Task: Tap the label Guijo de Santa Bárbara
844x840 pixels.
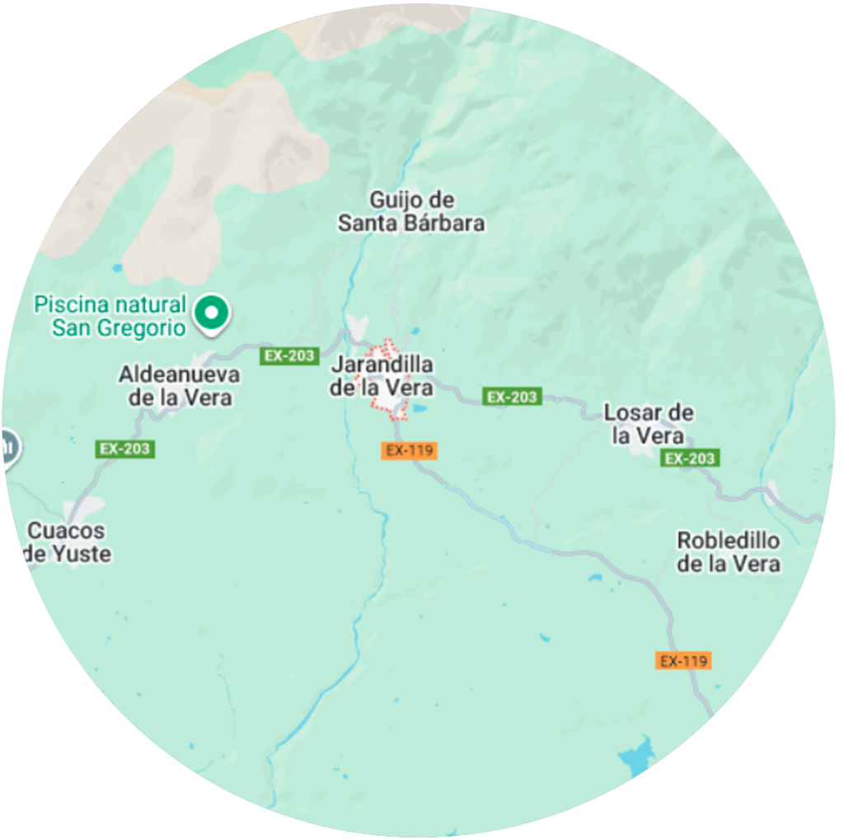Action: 411,211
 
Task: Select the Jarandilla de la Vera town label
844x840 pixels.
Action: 382,376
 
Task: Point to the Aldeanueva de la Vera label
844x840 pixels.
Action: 179,386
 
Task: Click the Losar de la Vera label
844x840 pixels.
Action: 649,424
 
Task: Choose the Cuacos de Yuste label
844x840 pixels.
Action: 68,542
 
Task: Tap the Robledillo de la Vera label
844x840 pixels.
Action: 728,552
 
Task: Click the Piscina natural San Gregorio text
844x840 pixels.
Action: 110,316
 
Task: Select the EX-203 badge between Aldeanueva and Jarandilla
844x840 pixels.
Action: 289,356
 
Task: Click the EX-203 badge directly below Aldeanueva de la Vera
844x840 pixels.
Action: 125,449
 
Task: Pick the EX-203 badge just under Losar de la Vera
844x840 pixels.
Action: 690,458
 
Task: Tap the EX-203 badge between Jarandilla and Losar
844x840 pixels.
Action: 512,397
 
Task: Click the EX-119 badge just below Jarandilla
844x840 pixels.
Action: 410,450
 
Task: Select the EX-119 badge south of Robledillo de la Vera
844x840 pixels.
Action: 683,660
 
